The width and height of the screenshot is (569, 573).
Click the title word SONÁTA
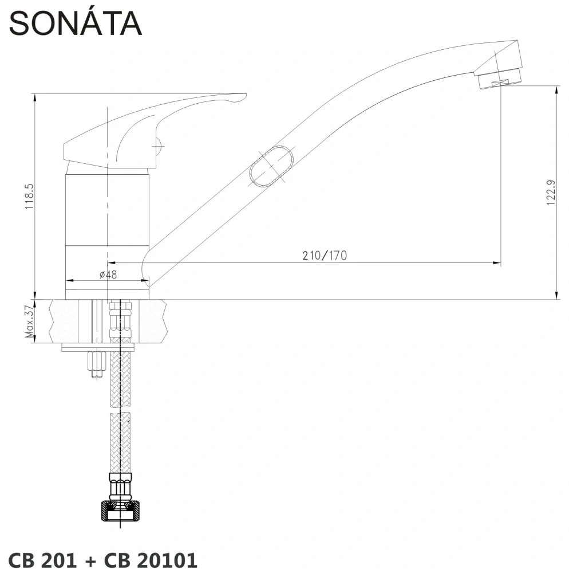point(75,23)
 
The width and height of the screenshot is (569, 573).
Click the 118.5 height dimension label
point(29,197)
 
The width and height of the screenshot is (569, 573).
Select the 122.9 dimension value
point(551,192)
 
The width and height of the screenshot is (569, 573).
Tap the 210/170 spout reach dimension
point(325,256)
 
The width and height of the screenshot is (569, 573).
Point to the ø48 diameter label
point(108,274)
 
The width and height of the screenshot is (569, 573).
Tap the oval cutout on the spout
point(272,166)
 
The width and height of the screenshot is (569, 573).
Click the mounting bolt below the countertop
point(96,364)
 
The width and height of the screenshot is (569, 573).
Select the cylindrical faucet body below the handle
point(108,212)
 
